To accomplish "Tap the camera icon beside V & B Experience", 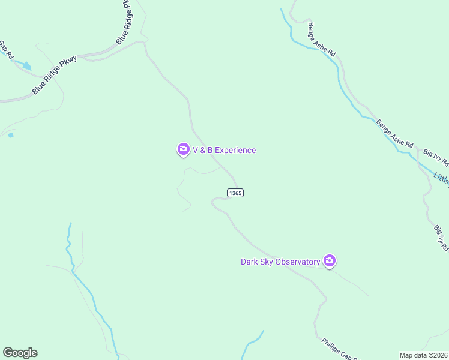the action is (184, 149).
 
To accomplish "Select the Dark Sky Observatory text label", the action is (280, 262).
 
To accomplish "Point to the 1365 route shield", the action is (235, 193).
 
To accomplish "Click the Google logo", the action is (20, 353).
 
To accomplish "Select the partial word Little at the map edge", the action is (441, 178).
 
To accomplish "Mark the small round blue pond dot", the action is (11, 135).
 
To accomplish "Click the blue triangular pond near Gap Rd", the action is (26, 65).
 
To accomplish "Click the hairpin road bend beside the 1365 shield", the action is (214, 202).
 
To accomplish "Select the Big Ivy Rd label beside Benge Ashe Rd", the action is (436, 157).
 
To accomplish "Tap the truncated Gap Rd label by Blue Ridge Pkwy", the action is (5, 48).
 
